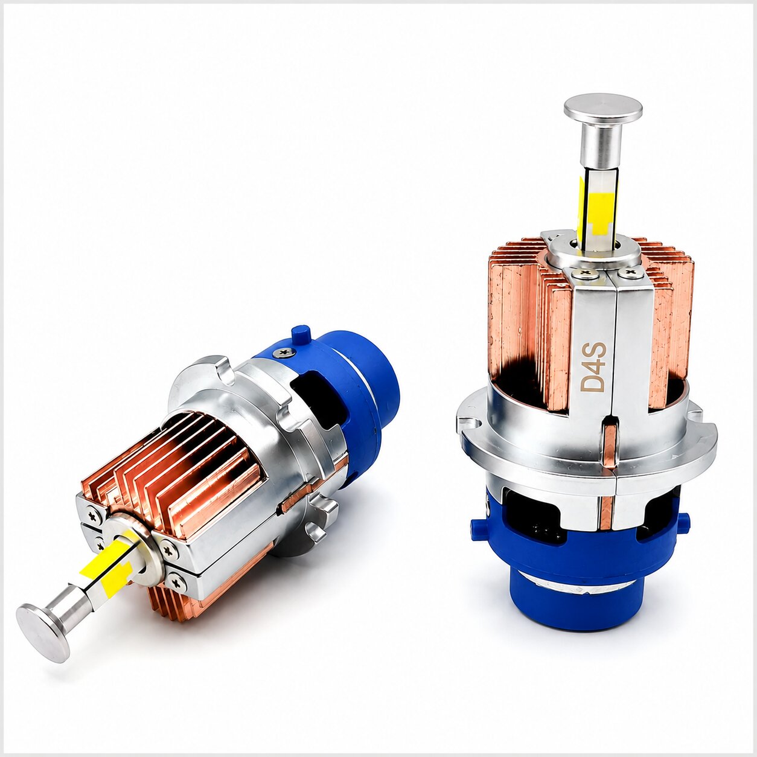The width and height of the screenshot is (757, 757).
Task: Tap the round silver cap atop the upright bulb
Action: click(603, 109)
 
